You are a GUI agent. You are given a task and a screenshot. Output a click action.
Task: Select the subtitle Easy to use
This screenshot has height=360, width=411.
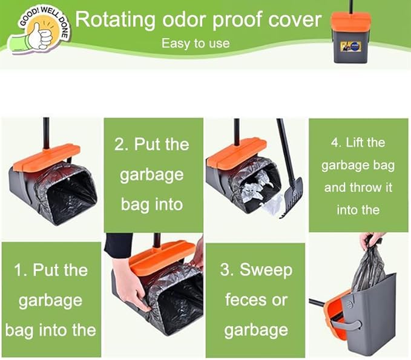[196, 44]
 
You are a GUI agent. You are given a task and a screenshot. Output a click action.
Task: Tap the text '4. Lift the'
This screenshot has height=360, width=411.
[358, 143]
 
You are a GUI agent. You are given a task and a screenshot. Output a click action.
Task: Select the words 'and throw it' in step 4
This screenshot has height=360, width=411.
[358, 187]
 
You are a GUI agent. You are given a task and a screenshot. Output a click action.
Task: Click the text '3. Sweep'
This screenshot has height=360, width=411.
[255, 270]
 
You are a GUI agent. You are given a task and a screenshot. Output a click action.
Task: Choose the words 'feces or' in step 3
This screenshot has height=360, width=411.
[255, 300]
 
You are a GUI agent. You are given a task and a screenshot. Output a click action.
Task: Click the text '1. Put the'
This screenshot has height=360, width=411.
[51, 270]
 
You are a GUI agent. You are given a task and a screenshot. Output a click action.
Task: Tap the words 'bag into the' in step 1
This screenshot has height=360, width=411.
[51, 330]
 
